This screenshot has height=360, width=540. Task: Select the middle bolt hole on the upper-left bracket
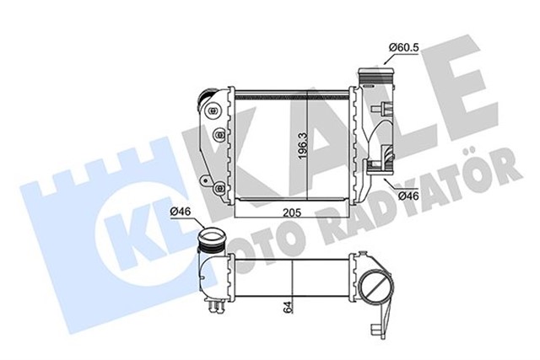pyautogui.click(x=219, y=132)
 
